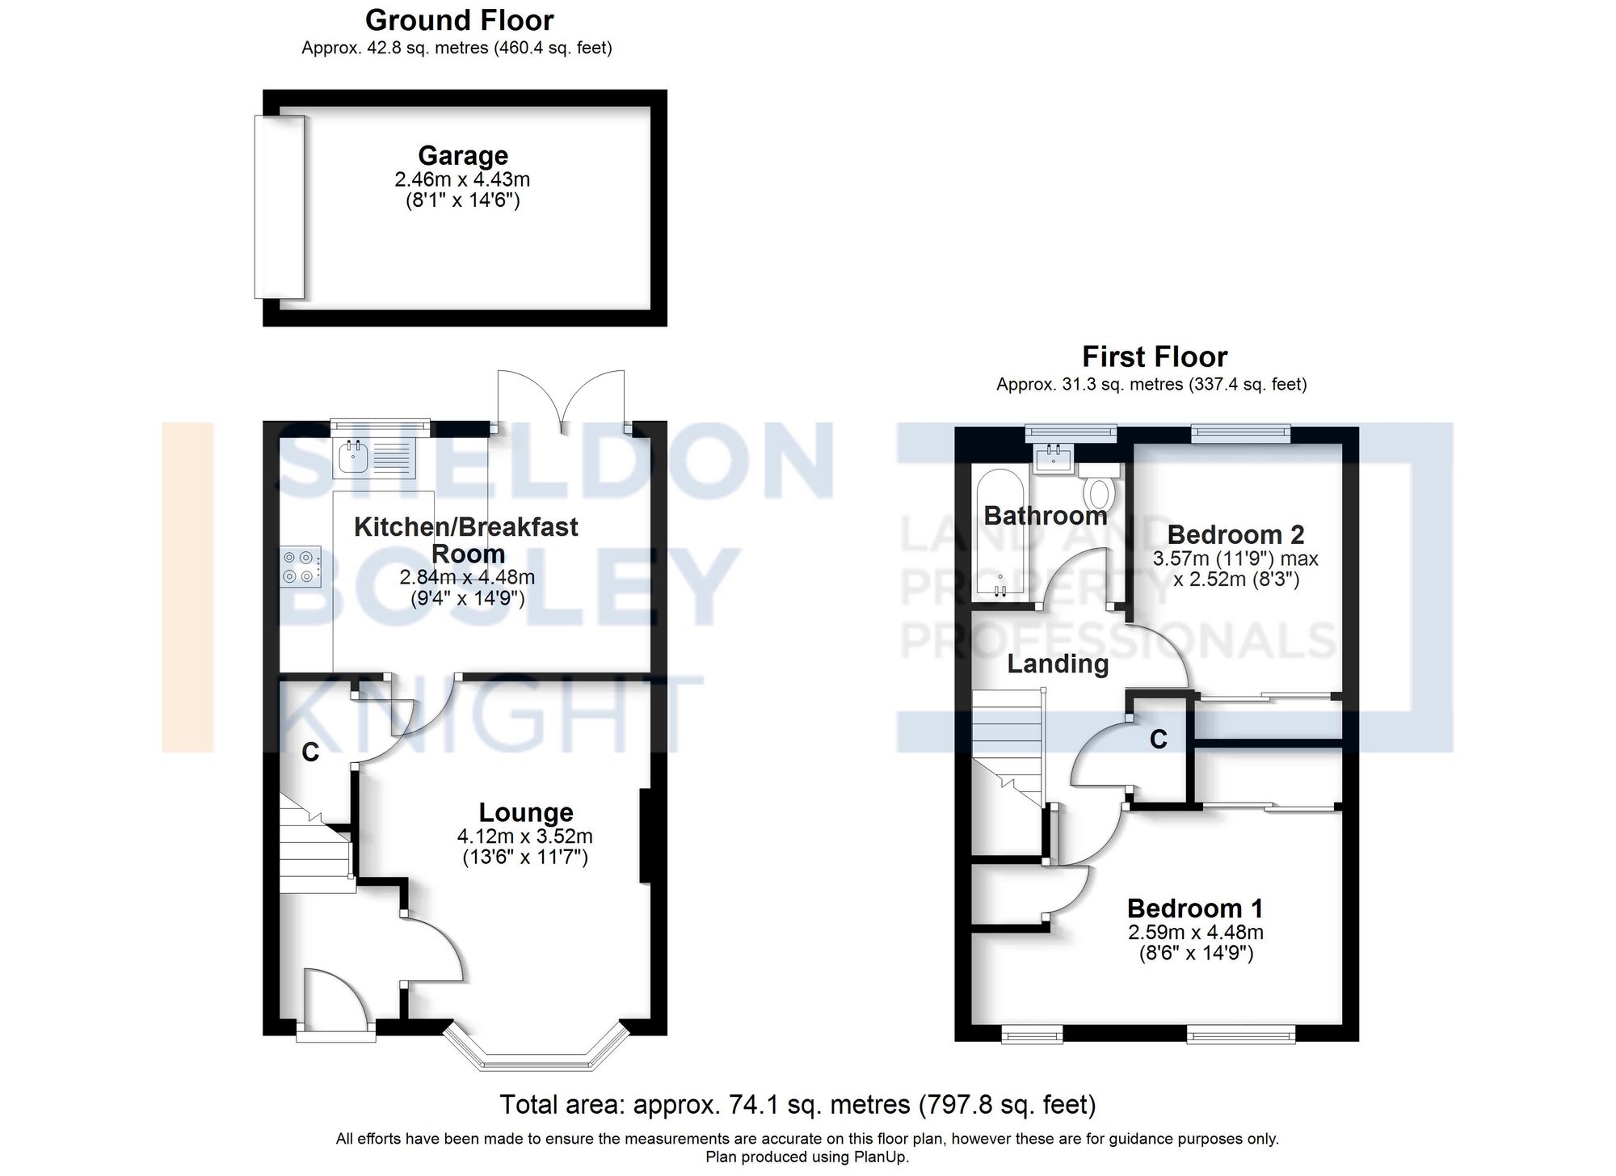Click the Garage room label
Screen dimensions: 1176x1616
463,155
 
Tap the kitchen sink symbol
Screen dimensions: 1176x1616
354,457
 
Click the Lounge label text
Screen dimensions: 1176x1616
526,812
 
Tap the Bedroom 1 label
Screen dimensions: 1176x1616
1195,908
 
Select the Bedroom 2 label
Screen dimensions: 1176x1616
1235,534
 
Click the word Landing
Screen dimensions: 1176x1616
1058,664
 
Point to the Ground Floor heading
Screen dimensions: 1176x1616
459,20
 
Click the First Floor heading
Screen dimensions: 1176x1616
1155,356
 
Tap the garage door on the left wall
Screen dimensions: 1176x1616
280,207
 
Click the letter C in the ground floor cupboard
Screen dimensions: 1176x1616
310,752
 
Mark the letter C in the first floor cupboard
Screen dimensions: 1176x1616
1159,739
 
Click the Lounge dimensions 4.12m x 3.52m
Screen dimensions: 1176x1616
525,837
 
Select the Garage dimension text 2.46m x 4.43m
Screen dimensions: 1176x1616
462,179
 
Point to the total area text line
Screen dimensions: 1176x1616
797,1104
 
